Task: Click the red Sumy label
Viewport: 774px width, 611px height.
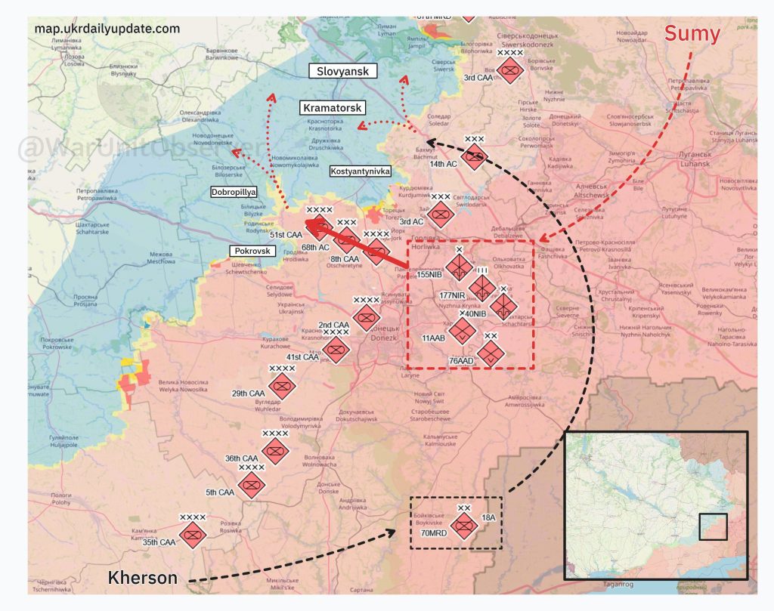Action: coord(692,34)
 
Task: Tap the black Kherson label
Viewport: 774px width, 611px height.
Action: coord(143,579)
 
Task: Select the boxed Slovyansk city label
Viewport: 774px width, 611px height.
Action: coord(343,71)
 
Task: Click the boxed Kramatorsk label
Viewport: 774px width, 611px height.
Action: coord(333,108)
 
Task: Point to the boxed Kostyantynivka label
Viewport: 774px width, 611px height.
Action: coord(361,171)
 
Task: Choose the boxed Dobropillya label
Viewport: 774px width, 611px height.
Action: coord(234,193)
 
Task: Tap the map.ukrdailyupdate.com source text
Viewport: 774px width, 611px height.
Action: coord(107,29)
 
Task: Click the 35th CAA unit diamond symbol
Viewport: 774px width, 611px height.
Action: coord(193,535)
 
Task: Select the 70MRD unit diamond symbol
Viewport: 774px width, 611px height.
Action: coord(463,526)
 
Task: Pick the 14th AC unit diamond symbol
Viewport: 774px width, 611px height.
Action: coord(474,158)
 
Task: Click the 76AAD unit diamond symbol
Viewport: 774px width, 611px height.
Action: coord(491,353)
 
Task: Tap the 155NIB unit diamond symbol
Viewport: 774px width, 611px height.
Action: coord(458,268)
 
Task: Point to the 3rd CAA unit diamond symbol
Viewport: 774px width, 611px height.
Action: coord(511,73)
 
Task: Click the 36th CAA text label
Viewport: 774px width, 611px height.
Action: coord(241,458)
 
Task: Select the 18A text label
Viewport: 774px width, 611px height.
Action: coord(488,517)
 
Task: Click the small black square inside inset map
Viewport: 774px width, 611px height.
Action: coord(713,526)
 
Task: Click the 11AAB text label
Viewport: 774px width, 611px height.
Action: coord(433,338)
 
